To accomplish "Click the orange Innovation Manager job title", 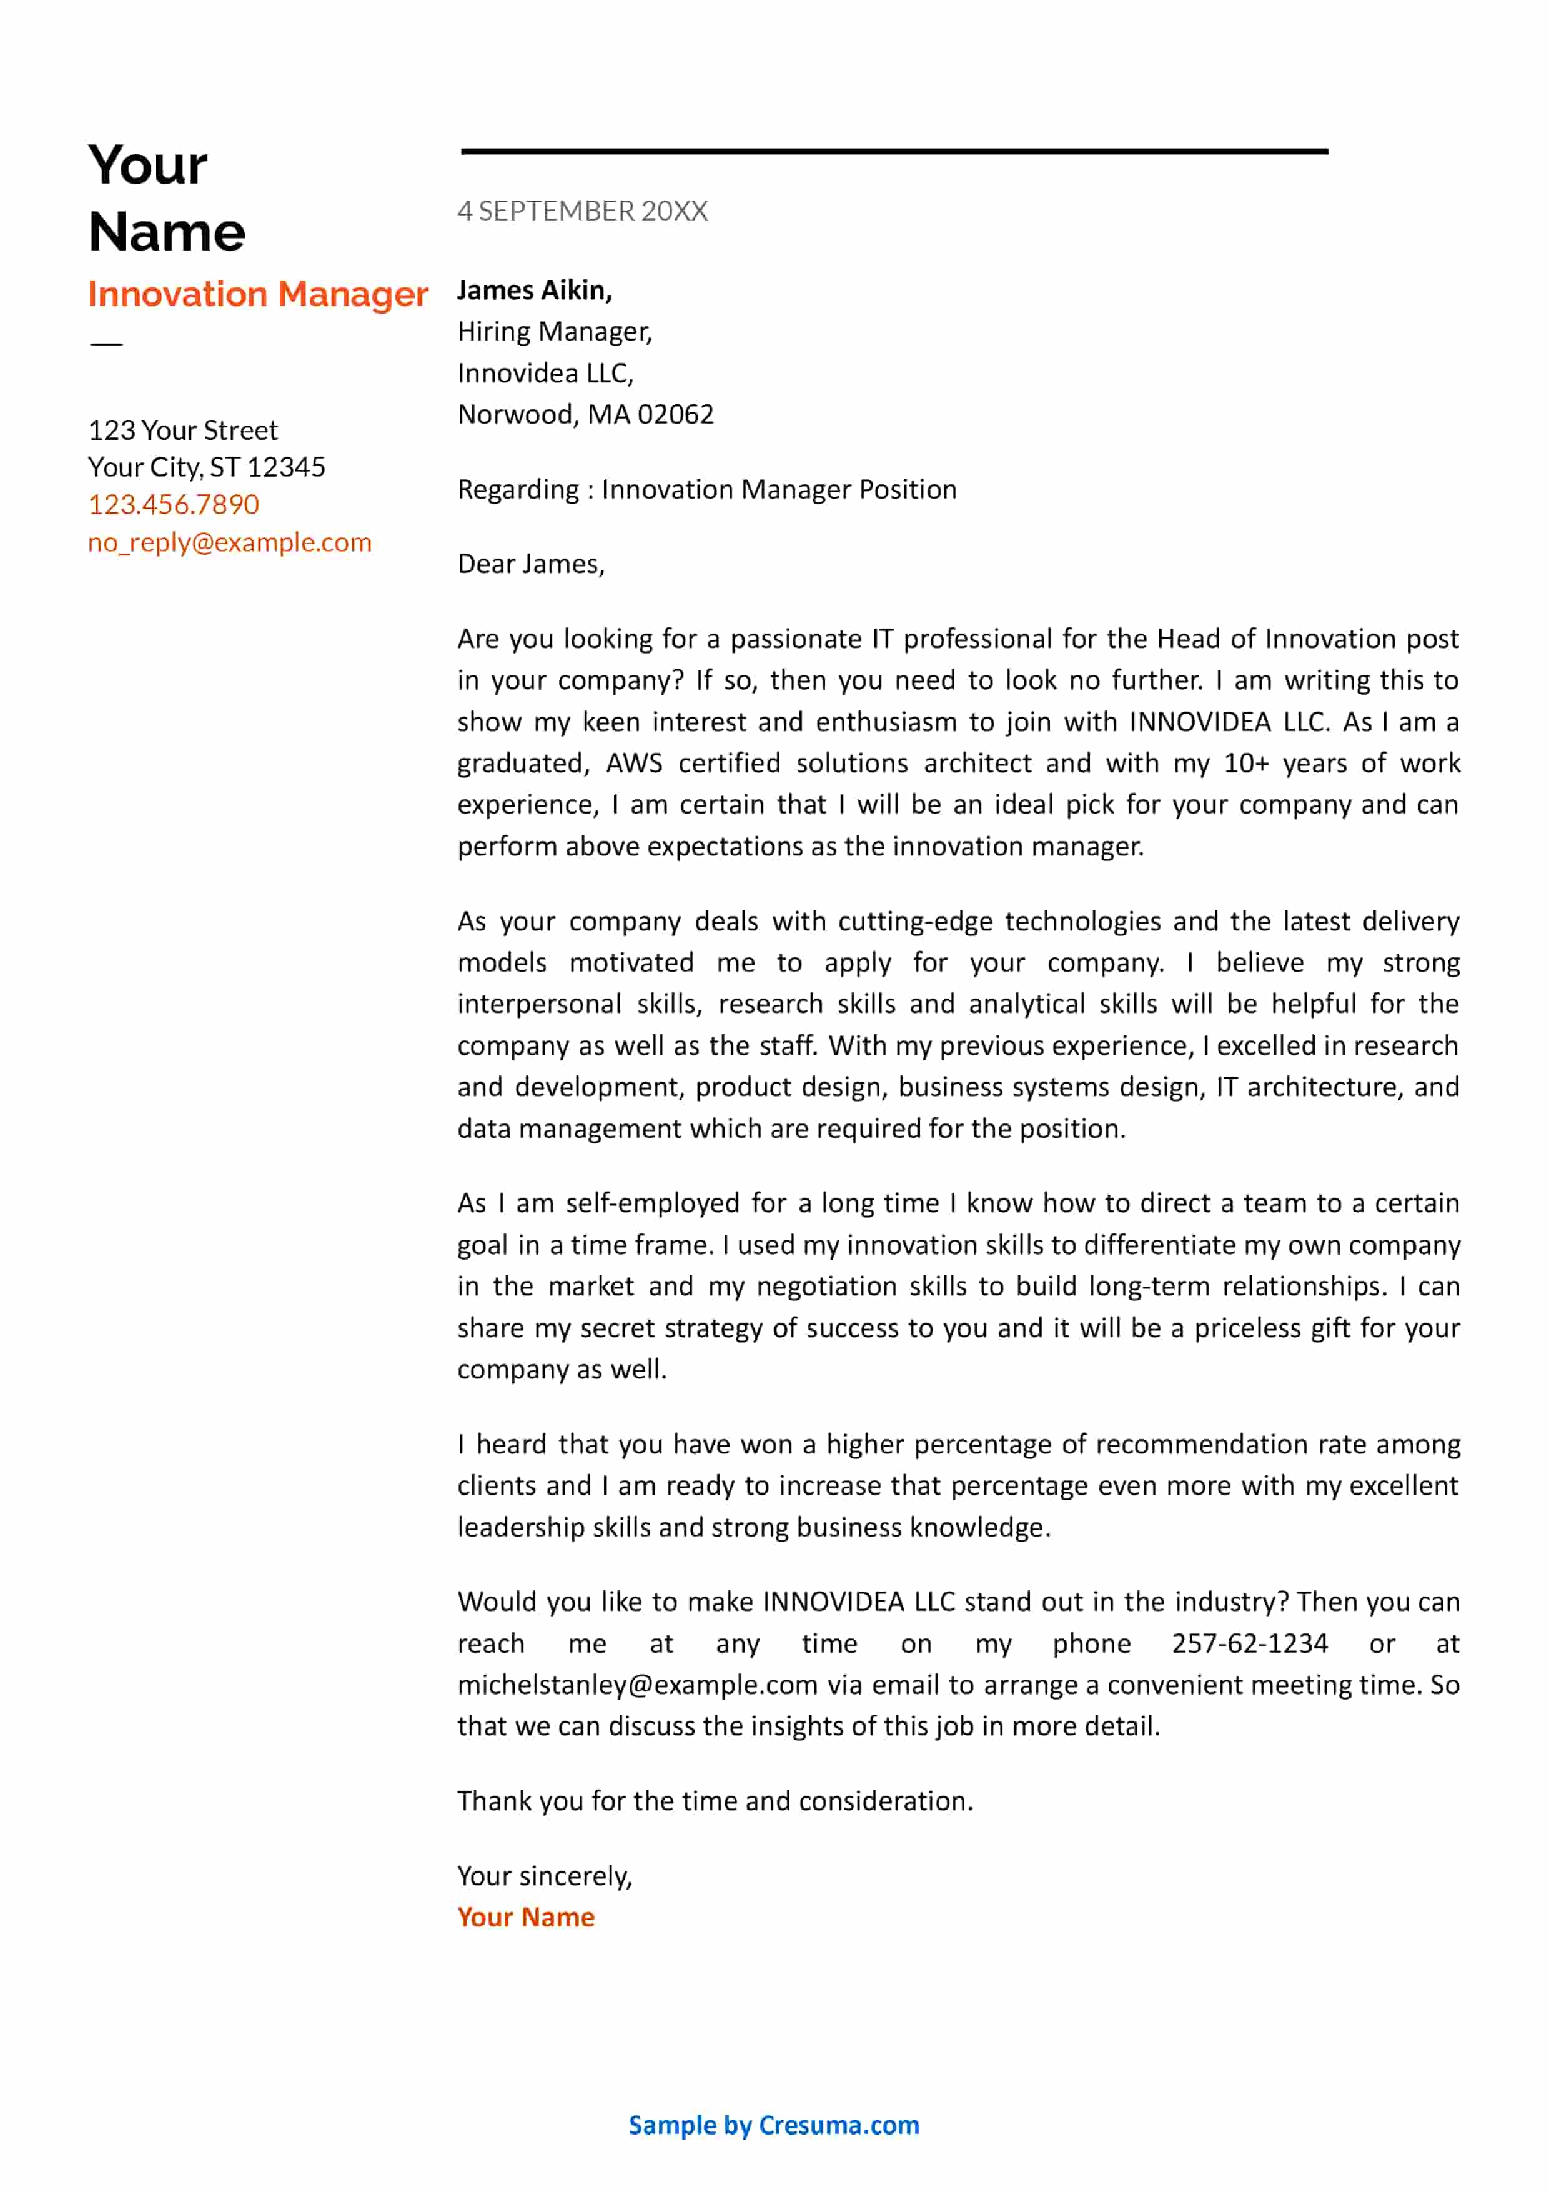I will pyautogui.click(x=258, y=294).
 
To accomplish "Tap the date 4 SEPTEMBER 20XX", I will pyautogui.click(x=582, y=211).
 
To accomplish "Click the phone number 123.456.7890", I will pyautogui.click(x=174, y=504).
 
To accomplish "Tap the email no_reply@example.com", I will pyautogui.click(x=229, y=542).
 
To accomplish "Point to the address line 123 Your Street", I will pyautogui.click(x=182, y=431).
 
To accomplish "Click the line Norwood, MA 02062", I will pyautogui.click(x=585, y=414).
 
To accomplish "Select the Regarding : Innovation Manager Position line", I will pyautogui.click(x=706, y=490).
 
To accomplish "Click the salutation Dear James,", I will pyautogui.click(x=531, y=564).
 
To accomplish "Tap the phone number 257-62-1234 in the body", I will pyautogui.click(x=1249, y=1644).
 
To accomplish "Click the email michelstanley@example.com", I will pyautogui.click(x=636, y=1685).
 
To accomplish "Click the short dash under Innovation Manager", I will pyautogui.click(x=106, y=344).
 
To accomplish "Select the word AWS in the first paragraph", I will pyautogui.click(x=634, y=764).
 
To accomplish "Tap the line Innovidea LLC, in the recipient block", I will pyautogui.click(x=545, y=373).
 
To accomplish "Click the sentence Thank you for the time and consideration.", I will pyautogui.click(x=715, y=1801).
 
